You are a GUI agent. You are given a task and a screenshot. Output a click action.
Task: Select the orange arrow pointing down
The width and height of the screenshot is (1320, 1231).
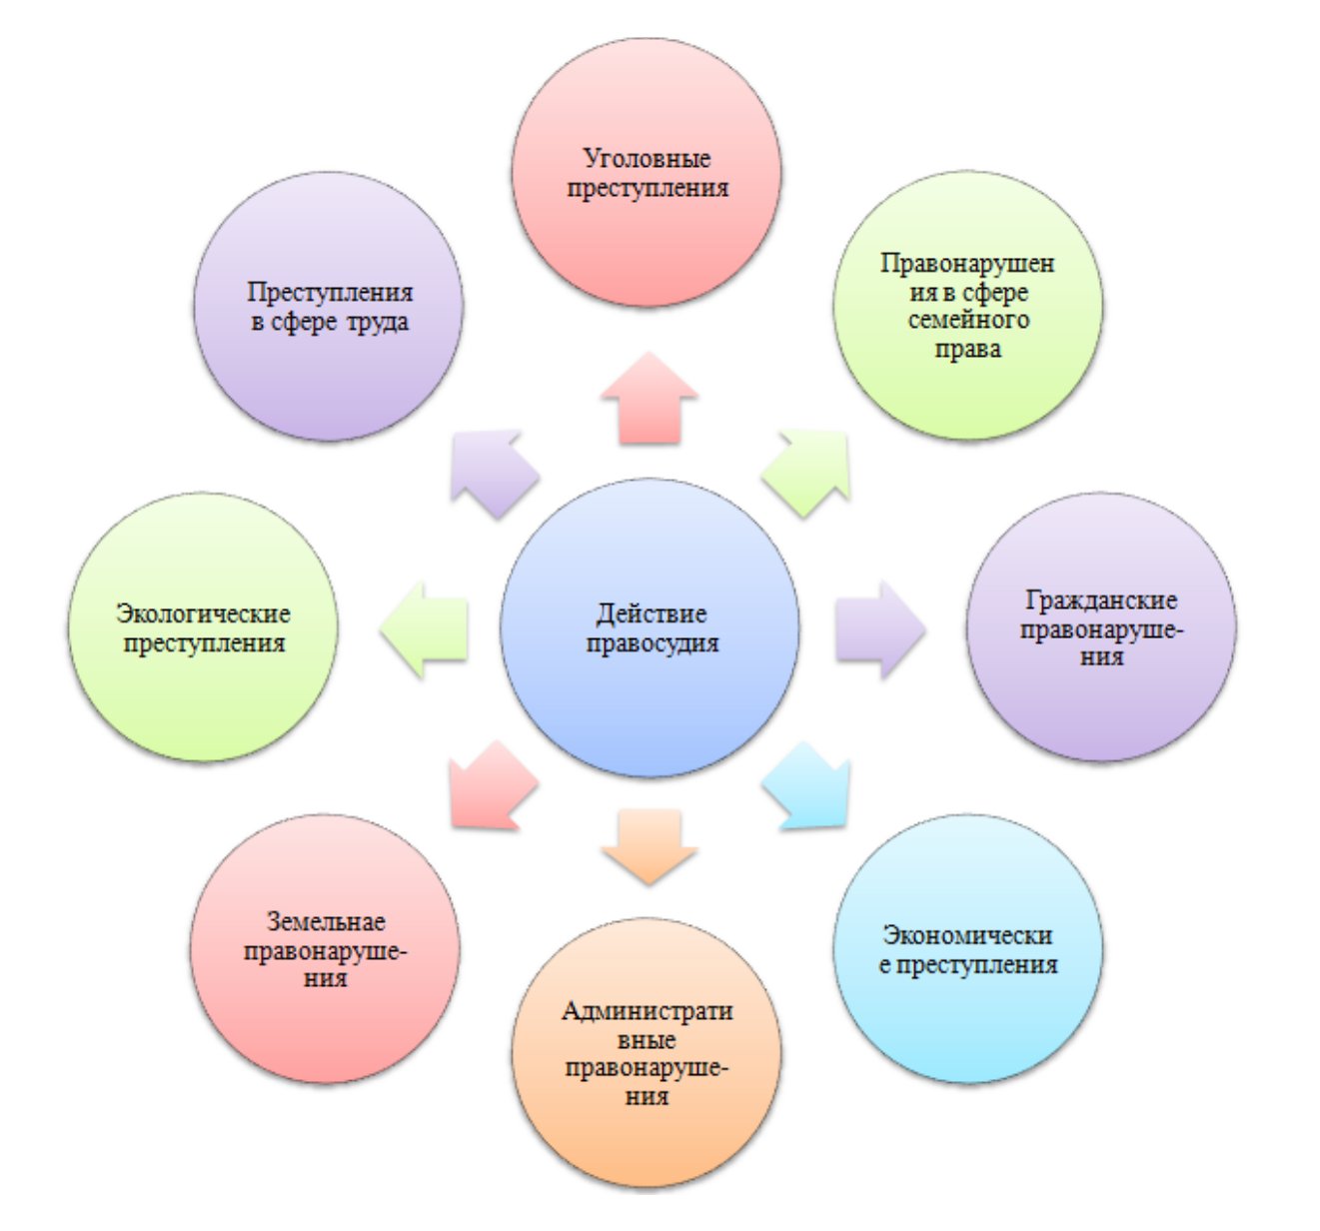coord(649,844)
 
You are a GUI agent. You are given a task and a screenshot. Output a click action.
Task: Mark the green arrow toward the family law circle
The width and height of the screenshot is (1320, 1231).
coord(808,471)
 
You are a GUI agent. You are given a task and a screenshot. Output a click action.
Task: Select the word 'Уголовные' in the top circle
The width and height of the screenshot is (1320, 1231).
coord(647,158)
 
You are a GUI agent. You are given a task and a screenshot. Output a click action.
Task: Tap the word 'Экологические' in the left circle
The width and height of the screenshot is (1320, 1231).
coord(203,614)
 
